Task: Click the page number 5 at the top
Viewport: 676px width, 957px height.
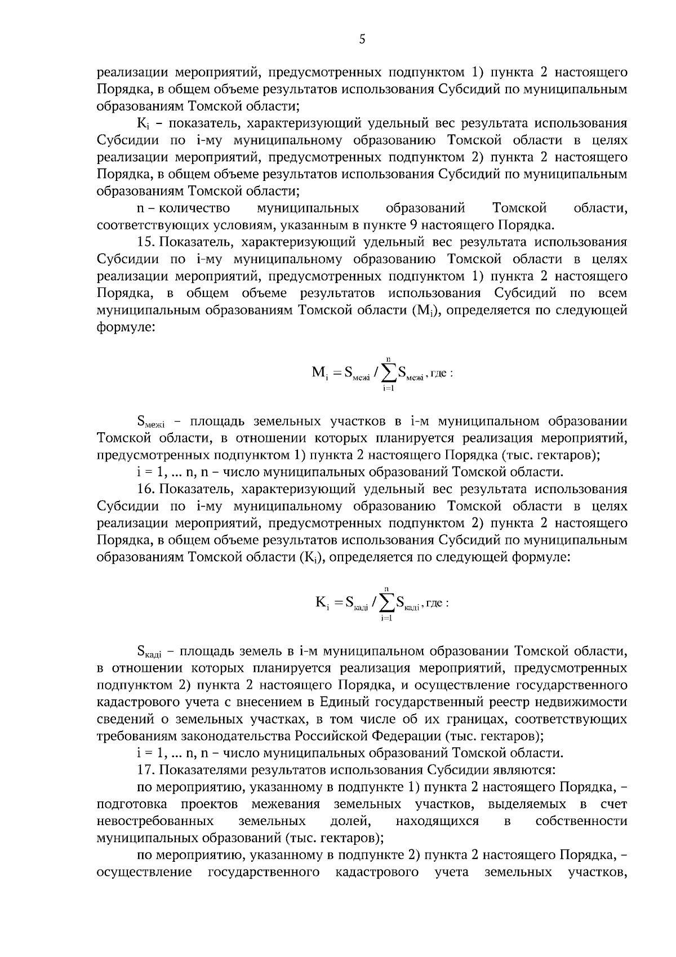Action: tap(362, 39)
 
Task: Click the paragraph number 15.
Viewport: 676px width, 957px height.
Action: tap(145, 243)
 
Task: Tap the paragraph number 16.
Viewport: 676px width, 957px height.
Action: tap(145, 489)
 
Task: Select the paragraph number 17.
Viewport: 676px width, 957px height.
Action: tap(145, 770)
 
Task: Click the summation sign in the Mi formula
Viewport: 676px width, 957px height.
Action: tap(388, 373)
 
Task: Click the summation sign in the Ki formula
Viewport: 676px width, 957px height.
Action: tap(386, 604)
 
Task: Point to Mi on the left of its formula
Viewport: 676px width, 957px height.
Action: tap(319, 373)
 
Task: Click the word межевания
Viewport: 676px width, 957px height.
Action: tap(286, 804)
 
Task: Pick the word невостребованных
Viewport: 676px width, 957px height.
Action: tap(155, 821)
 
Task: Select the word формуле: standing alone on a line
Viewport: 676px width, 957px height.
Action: tap(126, 327)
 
